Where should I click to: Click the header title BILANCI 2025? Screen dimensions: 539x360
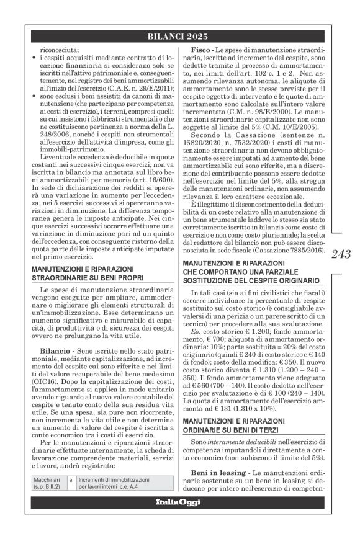[180, 37]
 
